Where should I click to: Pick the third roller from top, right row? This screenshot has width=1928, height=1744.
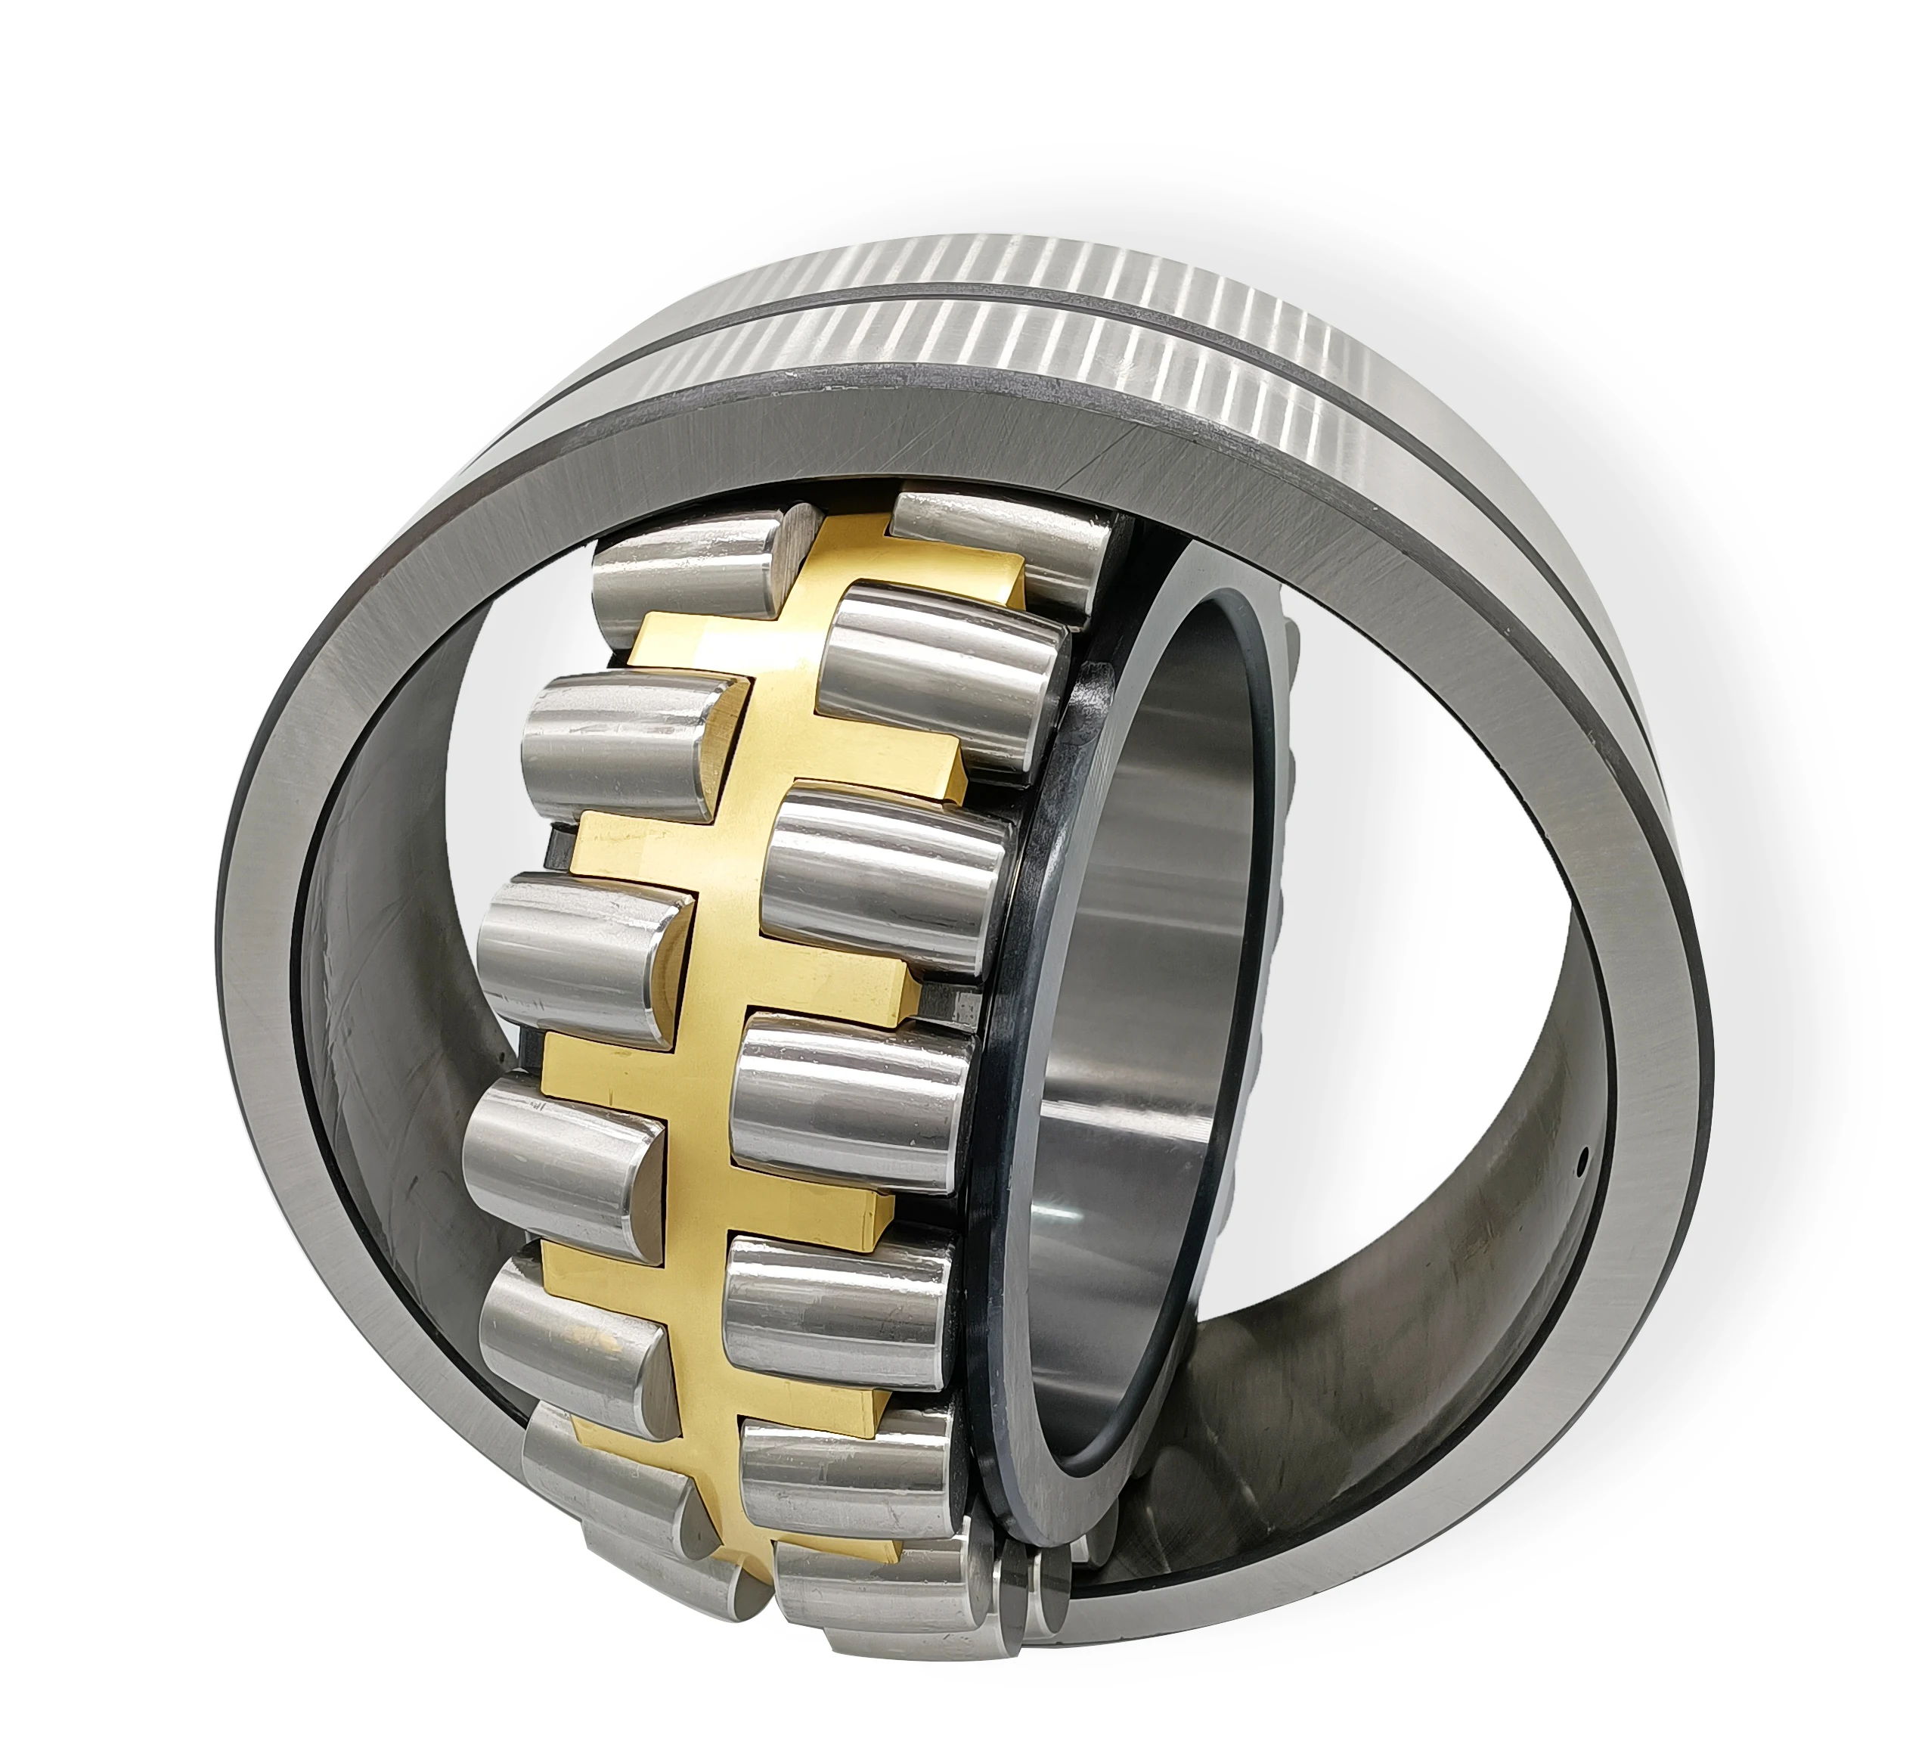(885, 875)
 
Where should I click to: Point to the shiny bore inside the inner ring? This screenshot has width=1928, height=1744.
(1148, 1100)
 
